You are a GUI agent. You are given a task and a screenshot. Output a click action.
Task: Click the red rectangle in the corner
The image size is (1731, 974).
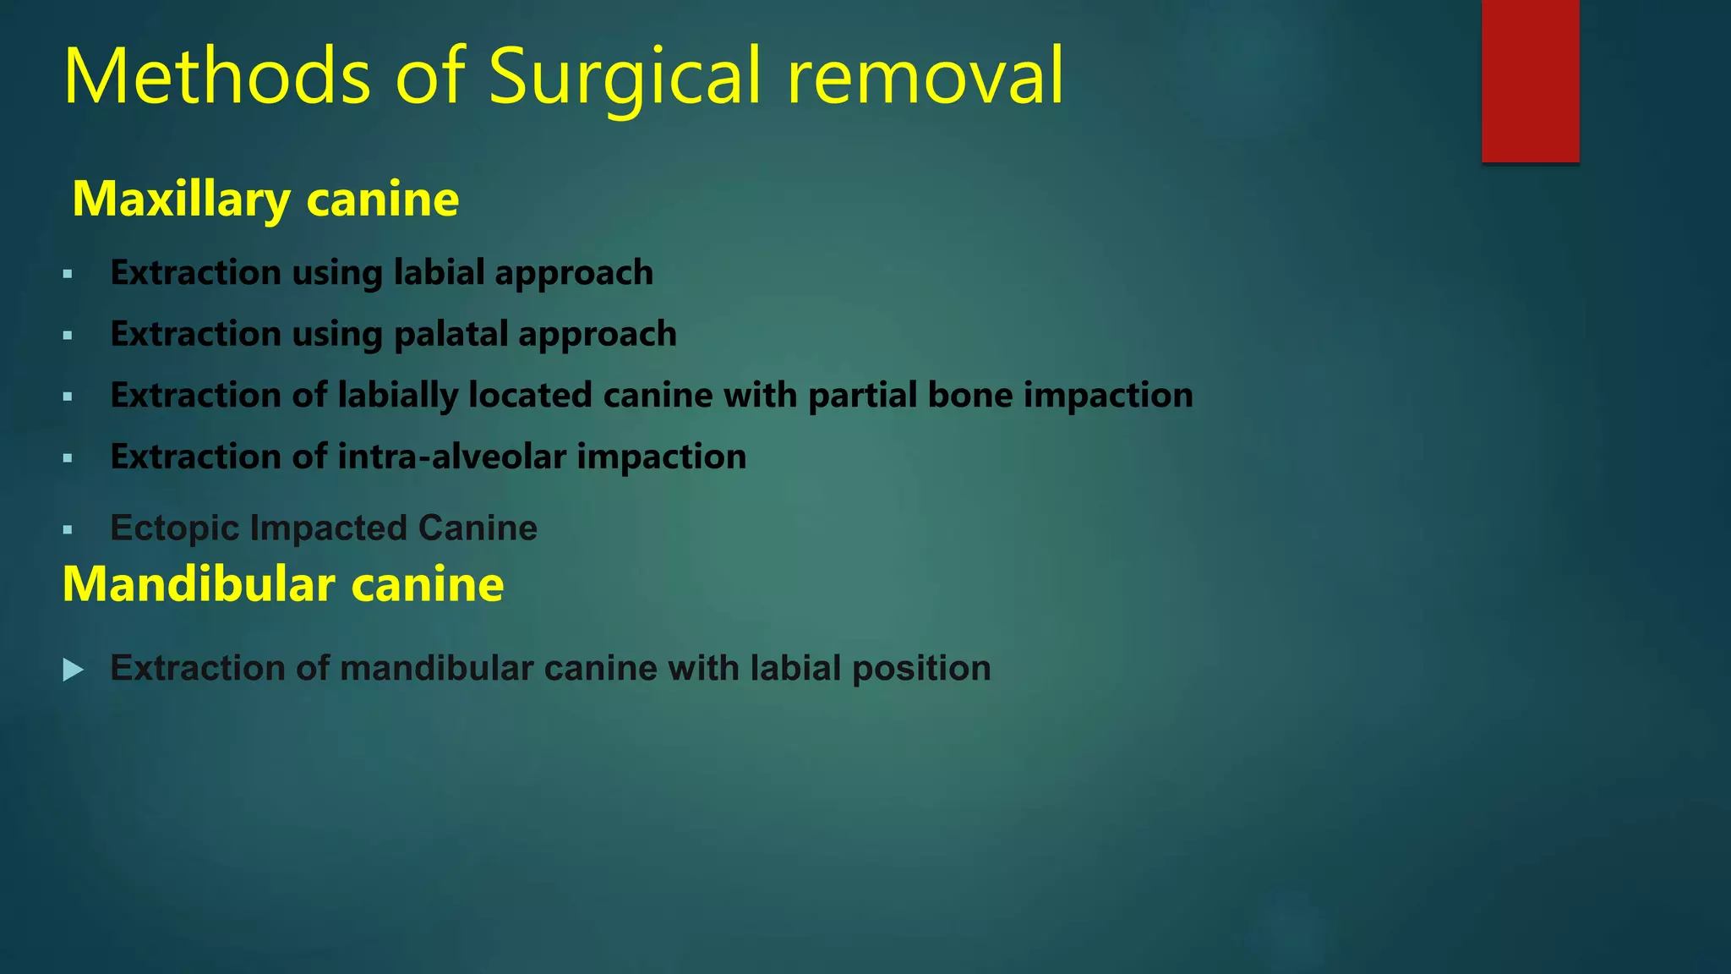[x=1530, y=81]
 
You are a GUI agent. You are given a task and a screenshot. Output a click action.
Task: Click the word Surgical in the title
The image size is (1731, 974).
[x=625, y=78]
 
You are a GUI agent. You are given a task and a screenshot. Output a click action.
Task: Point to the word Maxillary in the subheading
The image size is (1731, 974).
[x=182, y=200]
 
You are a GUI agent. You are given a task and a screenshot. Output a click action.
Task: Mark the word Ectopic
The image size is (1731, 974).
[x=175, y=529]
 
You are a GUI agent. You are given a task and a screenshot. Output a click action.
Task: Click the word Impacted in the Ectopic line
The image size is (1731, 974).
[x=329, y=529]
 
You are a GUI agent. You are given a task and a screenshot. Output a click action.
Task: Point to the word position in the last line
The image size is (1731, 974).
[x=921, y=669]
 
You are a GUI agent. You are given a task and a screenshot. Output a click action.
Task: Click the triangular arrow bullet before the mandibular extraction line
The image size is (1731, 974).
[x=74, y=670]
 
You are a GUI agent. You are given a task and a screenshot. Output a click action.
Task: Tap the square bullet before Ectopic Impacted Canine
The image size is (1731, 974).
[x=68, y=531]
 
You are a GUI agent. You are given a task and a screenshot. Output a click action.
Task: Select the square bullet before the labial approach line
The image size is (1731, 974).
[x=68, y=275]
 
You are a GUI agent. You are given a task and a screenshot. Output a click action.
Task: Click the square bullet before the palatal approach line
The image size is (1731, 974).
[x=68, y=337]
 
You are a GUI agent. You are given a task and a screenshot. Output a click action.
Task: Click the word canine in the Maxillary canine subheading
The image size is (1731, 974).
[x=383, y=200]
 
